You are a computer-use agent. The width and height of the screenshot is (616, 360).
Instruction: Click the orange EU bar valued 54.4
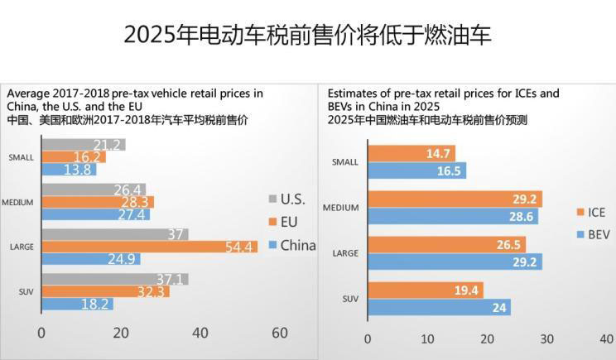(x=149, y=247)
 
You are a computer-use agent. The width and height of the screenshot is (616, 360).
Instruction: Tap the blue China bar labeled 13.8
(x=68, y=170)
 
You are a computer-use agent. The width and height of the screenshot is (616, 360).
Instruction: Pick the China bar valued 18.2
(x=76, y=304)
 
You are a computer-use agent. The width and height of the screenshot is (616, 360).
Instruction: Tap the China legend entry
(x=291, y=245)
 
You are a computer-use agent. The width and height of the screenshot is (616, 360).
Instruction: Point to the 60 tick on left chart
(x=279, y=334)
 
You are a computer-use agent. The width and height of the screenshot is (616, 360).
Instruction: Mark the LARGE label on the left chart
(x=21, y=247)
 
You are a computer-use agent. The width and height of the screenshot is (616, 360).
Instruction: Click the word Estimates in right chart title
(x=354, y=93)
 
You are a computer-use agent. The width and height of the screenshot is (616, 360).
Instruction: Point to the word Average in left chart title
(x=27, y=93)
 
